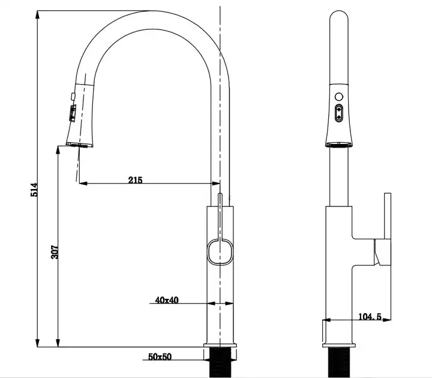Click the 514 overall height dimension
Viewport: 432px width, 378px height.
point(34,190)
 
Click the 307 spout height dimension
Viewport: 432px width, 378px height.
point(55,252)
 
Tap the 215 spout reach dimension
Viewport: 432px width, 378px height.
point(135,180)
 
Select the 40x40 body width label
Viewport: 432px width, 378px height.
point(167,300)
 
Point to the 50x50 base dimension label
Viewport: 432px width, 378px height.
point(160,357)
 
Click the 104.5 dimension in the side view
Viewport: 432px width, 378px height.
point(370,317)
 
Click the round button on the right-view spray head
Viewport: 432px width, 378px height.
point(339,97)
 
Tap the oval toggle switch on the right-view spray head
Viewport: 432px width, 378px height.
point(339,113)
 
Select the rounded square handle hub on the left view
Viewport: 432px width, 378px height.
point(220,252)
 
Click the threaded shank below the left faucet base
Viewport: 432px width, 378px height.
point(220,362)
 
